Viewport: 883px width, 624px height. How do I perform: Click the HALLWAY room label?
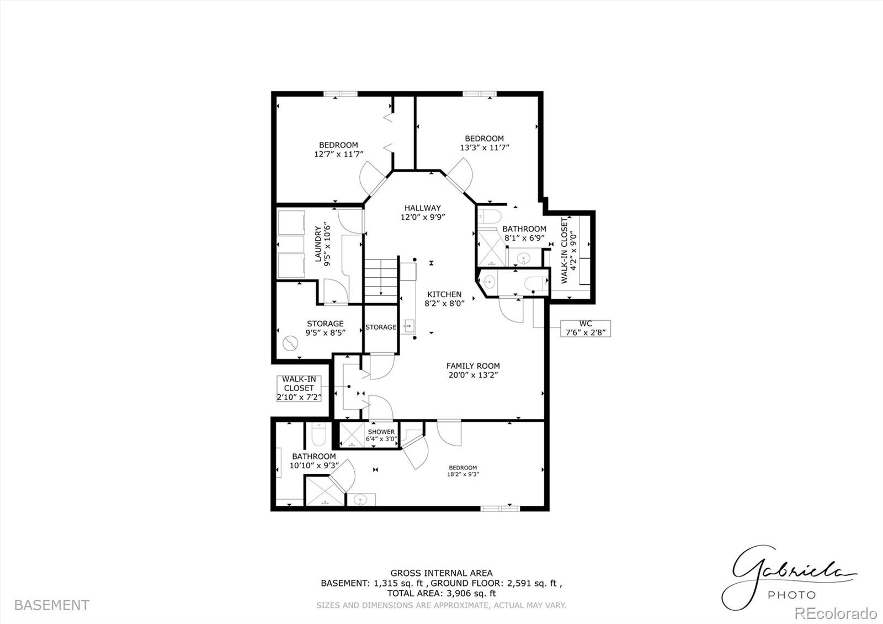tap(423, 208)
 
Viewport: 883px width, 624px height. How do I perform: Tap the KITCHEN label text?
tap(444, 294)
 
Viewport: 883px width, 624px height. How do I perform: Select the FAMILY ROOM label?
tap(473, 366)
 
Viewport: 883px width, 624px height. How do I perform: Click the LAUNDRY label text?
tap(318, 244)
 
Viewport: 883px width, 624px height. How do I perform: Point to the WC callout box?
tap(586, 328)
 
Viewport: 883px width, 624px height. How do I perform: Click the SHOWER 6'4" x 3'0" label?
tap(381, 436)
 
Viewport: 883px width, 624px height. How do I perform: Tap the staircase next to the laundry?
tap(381, 281)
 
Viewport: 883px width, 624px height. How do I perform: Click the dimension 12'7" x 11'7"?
tap(339, 154)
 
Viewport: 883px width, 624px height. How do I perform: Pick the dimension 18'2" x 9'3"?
tap(463, 474)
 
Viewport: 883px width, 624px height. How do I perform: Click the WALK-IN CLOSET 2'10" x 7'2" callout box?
tap(299, 388)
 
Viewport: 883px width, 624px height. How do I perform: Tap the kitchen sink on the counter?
tap(408, 326)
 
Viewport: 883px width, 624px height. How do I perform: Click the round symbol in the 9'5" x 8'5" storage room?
tap(290, 343)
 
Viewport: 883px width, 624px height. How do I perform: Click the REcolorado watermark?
tap(836, 614)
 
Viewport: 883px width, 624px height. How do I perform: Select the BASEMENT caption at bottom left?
tap(52, 605)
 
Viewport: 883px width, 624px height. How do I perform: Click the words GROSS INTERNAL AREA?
tap(441, 573)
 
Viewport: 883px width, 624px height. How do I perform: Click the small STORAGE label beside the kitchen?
tap(381, 327)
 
